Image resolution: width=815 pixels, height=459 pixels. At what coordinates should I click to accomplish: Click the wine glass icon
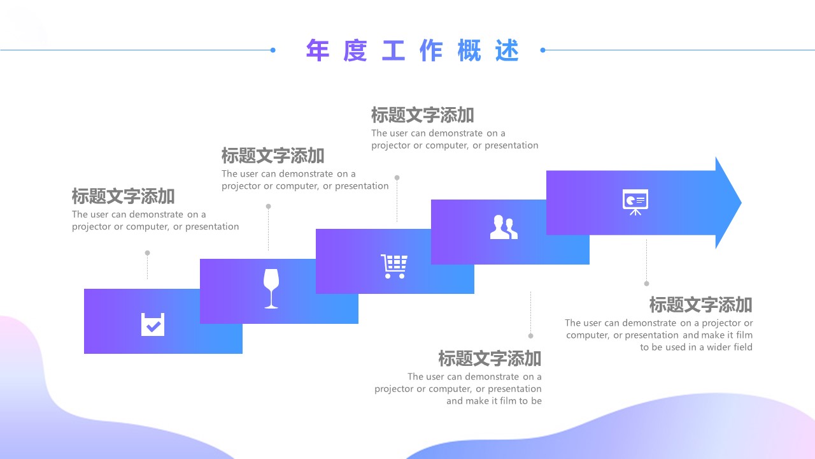pyautogui.click(x=271, y=289)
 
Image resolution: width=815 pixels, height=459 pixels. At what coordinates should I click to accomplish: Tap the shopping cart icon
pyautogui.click(x=394, y=266)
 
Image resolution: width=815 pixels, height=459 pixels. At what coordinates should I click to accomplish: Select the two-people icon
pyautogui.click(x=504, y=228)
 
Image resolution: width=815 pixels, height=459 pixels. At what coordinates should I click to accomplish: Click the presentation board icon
pyautogui.click(x=635, y=201)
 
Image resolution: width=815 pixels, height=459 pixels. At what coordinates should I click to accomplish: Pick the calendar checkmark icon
pyautogui.click(x=153, y=324)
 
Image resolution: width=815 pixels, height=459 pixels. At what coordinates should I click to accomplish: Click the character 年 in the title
pyautogui.click(x=318, y=50)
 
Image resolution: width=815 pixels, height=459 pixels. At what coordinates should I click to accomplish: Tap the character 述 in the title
pyautogui.click(x=507, y=50)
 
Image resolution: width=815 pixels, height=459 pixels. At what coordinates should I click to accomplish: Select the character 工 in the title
pyautogui.click(x=393, y=50)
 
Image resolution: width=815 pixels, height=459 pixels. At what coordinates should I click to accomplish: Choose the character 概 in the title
pyautogui.click(x=469, y=50)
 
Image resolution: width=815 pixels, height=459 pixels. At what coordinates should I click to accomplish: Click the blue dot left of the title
pyautogui.click(x=273, y=50)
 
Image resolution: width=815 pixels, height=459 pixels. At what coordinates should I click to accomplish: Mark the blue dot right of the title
pyautogui.click(x=542, y=50)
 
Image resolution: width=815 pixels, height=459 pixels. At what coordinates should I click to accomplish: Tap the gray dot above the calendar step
pyautogui.click(x=147, y=253)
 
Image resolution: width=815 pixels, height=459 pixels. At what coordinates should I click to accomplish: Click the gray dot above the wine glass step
pyautogui.click(x=268, y=207)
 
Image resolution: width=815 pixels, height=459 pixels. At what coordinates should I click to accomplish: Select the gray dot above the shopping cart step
pyautogui.click(x=397, y=178)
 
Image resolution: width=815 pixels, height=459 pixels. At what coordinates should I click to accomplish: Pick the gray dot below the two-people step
pyautogui.click(x=530, y=335)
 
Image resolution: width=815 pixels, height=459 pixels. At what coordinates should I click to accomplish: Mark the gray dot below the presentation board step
pyautogui.click(x=646, y=284)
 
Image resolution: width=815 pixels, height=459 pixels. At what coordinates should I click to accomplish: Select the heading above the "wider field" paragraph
pyautogui.click(x=700, y=305)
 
